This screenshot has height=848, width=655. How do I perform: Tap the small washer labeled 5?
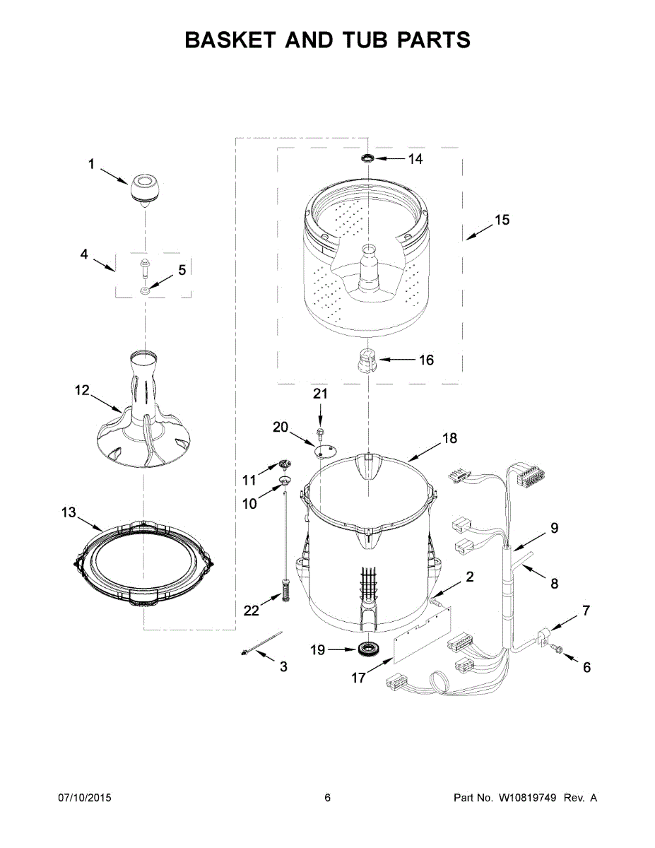(145, 290)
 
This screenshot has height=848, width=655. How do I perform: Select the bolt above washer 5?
(145, 268)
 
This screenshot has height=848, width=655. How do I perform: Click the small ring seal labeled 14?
(367, 158)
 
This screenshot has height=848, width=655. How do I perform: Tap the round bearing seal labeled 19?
(367, 647)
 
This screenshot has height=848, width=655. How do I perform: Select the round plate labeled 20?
(326, 451)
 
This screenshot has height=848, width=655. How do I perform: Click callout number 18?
(449, 438)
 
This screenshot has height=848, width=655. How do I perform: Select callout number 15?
(501, 220)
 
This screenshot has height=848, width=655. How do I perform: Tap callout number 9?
(554, 527)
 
